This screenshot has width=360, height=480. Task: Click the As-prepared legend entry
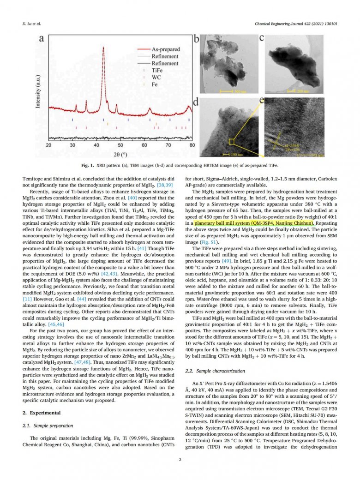(x=166, y=49)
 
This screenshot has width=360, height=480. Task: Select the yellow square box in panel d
(x=232, y=138)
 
